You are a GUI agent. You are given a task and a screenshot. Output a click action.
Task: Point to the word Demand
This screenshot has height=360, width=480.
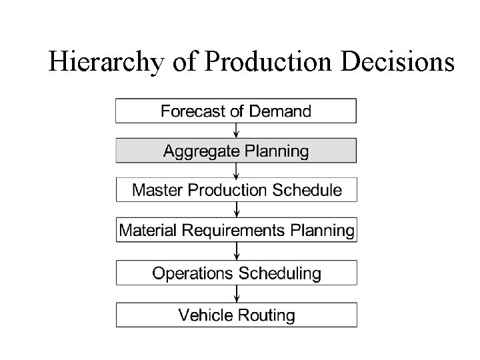[279, 111]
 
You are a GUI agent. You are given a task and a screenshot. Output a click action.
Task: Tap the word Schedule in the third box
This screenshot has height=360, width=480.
[306, 190]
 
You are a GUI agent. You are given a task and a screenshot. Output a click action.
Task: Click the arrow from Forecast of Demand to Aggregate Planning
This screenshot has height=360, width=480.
[236, 131]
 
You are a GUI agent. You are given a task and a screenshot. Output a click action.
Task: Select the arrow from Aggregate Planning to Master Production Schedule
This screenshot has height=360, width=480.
[236, 170]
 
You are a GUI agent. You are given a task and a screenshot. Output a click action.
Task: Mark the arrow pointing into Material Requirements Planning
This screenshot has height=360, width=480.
[236, 210]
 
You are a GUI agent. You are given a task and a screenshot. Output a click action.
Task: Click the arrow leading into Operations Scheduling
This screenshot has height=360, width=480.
[236, 251]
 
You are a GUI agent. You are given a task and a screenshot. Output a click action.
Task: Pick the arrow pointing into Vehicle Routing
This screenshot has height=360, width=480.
[236, 294]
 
